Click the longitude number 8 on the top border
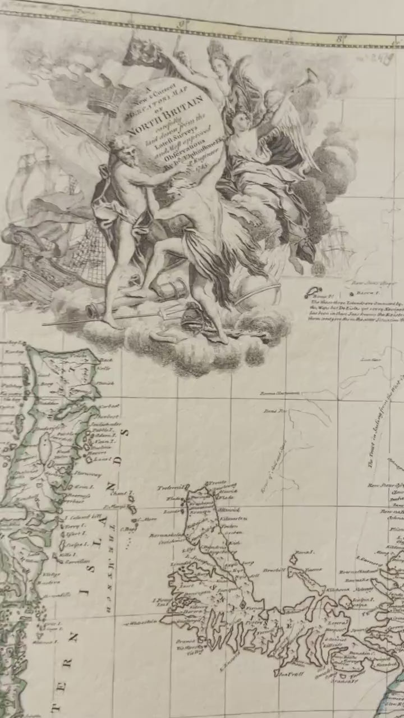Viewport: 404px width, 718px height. point(340,38)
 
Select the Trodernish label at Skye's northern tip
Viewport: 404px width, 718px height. point(171,487)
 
